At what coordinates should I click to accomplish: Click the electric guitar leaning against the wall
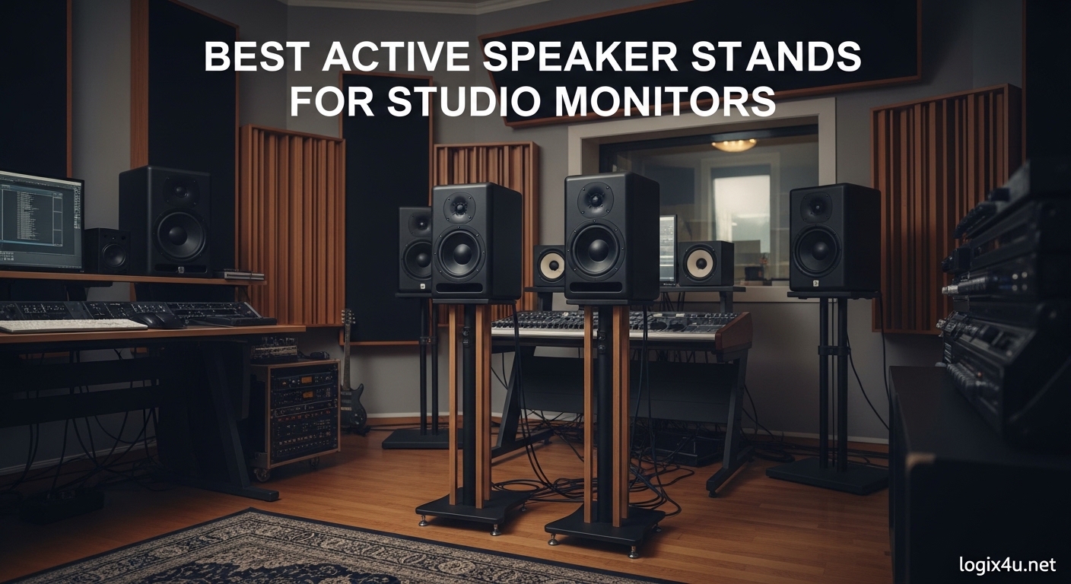(351, 380)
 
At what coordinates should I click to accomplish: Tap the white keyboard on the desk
(72, 325)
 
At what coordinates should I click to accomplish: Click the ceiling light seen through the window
(734, 144)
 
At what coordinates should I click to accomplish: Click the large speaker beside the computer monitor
(165, 221)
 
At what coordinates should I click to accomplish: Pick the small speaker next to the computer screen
(106, 251)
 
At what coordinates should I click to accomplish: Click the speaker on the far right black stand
(834, 238)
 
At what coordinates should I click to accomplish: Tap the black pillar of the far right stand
(831, 380)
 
